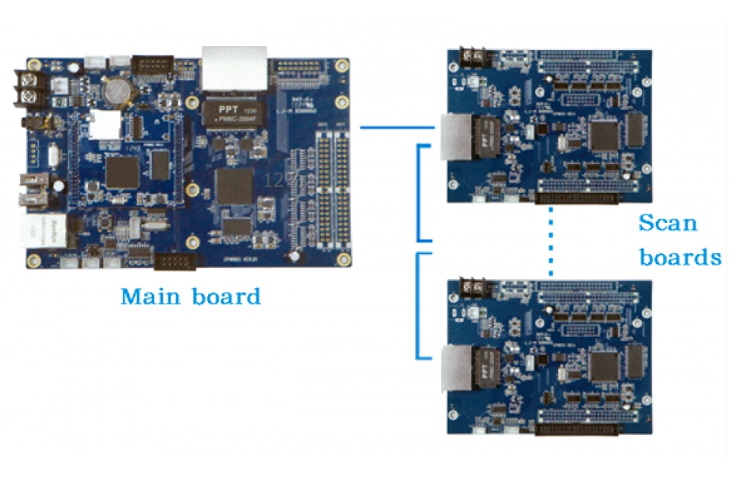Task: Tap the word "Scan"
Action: click(x=668, y=223)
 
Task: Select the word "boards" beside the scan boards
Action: click(x=679, y=257)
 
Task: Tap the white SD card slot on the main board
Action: click(x=105, y=125)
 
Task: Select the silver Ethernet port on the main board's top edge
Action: click(x=234, y=67)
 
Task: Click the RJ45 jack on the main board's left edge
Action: click(x=44, y=233)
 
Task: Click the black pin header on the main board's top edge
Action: click(x=153, y=65)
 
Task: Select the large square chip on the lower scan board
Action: click(x=605, y=366)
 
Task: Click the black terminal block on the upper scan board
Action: click(x=474, y=55)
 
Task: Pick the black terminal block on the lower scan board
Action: click(x=474, y=285)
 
